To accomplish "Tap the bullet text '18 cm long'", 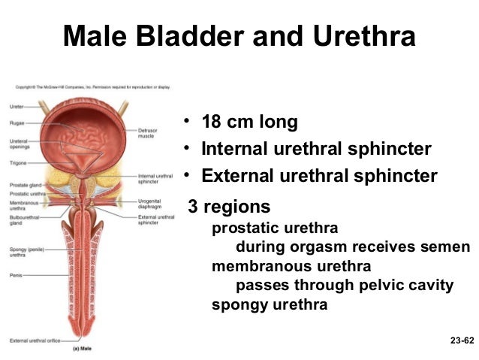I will point(249,122).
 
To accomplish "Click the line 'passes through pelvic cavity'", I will point(345,285).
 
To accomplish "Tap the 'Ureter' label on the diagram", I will point(17,107).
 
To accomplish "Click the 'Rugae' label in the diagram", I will point(17,123).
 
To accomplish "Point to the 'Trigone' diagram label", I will point(18,162).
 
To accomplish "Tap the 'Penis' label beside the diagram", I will point(16,276).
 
